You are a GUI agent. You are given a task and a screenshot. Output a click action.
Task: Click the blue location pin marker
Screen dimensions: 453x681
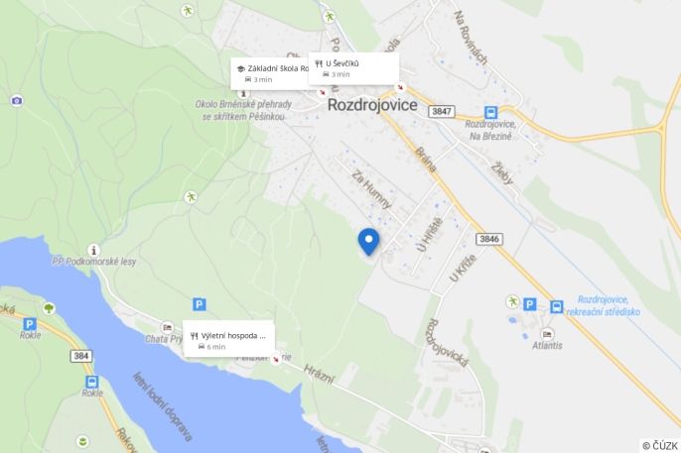point(368,241)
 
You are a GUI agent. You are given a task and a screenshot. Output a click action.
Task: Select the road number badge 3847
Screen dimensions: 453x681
point(443,111)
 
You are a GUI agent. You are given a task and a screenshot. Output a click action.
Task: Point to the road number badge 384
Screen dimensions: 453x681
point(81,355)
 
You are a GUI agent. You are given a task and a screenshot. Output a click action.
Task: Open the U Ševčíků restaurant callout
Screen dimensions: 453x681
point(353,67)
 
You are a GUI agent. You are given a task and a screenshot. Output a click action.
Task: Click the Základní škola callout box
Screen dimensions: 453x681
point(270,72)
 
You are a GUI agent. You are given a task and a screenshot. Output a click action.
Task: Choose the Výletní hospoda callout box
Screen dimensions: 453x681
point(230,340)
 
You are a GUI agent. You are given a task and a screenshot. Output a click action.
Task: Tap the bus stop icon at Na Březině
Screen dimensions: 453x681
point(490,113)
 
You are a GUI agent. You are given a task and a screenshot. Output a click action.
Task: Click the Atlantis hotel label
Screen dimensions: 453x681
point(546,345)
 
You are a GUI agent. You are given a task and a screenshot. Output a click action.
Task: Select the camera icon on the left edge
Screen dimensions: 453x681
point(17,100)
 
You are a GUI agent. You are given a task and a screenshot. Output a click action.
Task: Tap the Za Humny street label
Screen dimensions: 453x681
point(372,189)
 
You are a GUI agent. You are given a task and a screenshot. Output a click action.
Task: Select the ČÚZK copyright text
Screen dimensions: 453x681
point(659,446)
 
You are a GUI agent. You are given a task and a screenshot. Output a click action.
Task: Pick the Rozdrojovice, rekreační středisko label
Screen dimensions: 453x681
point(609,305)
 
